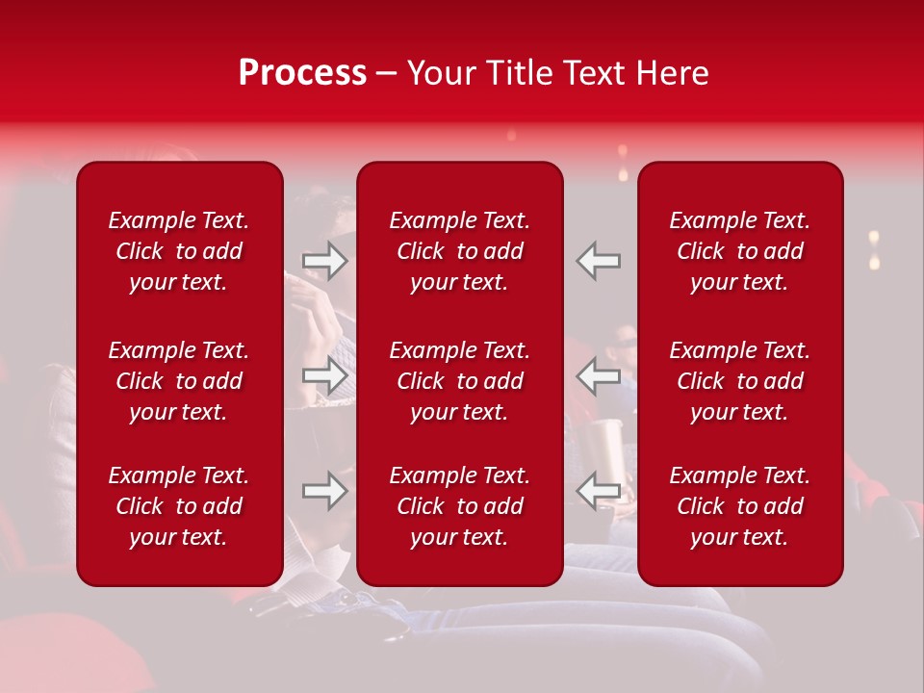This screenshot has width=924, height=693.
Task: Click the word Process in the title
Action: tap(302, 73)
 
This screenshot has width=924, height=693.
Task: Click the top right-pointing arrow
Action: tap(325, 261)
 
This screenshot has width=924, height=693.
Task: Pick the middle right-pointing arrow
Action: tap(325, 375)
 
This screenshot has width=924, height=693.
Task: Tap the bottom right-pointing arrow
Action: tap(325, 491)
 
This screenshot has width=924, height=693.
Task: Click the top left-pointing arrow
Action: tap(598, 261)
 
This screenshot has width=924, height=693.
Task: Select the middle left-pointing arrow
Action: tap(598, 375)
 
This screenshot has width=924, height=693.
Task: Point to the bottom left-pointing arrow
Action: tap(598, 491)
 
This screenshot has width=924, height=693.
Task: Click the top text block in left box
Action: tap(179, 251)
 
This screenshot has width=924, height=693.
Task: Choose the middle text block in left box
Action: tap(179, 381)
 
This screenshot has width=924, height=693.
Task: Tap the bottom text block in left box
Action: tap(179, 506)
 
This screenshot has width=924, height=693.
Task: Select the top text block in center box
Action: tap(459, 251)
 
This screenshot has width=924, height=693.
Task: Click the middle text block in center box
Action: tap(459, 381)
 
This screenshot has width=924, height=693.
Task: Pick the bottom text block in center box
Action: tap(459, 506)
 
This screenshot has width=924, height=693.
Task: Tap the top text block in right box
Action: tap(739, 251)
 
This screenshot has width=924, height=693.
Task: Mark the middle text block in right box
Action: tap(739, 381)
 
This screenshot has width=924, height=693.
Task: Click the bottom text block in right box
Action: tap(739, 506)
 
